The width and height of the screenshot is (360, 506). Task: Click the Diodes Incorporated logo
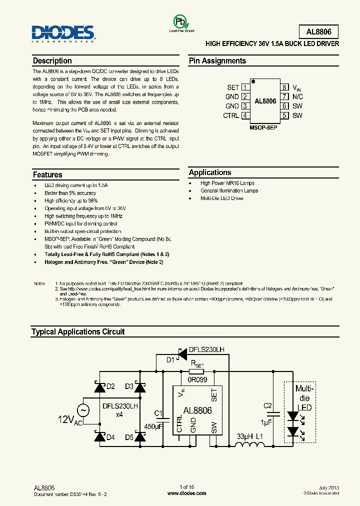63,33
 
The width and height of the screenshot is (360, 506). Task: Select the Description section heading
52,61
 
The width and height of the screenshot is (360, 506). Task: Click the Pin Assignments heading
217,61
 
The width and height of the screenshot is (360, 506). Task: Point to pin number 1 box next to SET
245,87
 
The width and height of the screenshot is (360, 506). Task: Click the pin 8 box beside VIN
284,87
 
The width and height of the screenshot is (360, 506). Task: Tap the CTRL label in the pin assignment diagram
231,115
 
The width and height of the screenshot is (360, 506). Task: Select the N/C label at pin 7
298,96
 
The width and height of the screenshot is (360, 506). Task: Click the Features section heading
47,175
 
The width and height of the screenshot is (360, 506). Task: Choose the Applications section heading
210,172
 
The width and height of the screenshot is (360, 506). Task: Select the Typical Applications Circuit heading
78,332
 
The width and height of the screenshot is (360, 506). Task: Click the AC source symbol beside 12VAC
83,410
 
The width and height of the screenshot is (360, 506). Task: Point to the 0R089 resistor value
196,379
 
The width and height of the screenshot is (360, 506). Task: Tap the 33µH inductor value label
245,436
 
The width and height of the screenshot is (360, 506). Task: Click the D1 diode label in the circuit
170,359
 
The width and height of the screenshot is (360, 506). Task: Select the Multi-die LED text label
304,398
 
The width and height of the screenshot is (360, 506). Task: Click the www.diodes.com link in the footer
186,493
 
